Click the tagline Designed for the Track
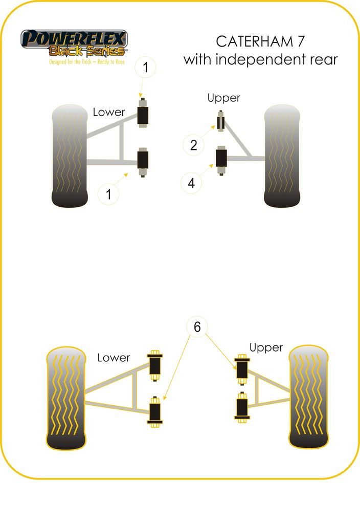[x=74, y=61]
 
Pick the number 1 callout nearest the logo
[x=146, y=67]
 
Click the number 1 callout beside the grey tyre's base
[x=108, y=194]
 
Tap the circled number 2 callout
[x=193, y=145]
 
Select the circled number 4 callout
[x=191, y=183]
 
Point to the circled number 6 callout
[x=197, y=326]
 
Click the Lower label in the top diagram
[x=109, y=112]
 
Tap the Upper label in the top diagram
[x=223, y=98]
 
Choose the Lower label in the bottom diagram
[x=114, y=358]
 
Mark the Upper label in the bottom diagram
[x=266, y=348]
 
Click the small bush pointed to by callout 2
[x=220, y=123]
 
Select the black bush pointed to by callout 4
[x=221, y=159]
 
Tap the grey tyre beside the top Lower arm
[x=70, y=156]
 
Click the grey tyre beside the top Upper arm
[x=281, y=156]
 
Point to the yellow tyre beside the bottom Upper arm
[x=308, y=396]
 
